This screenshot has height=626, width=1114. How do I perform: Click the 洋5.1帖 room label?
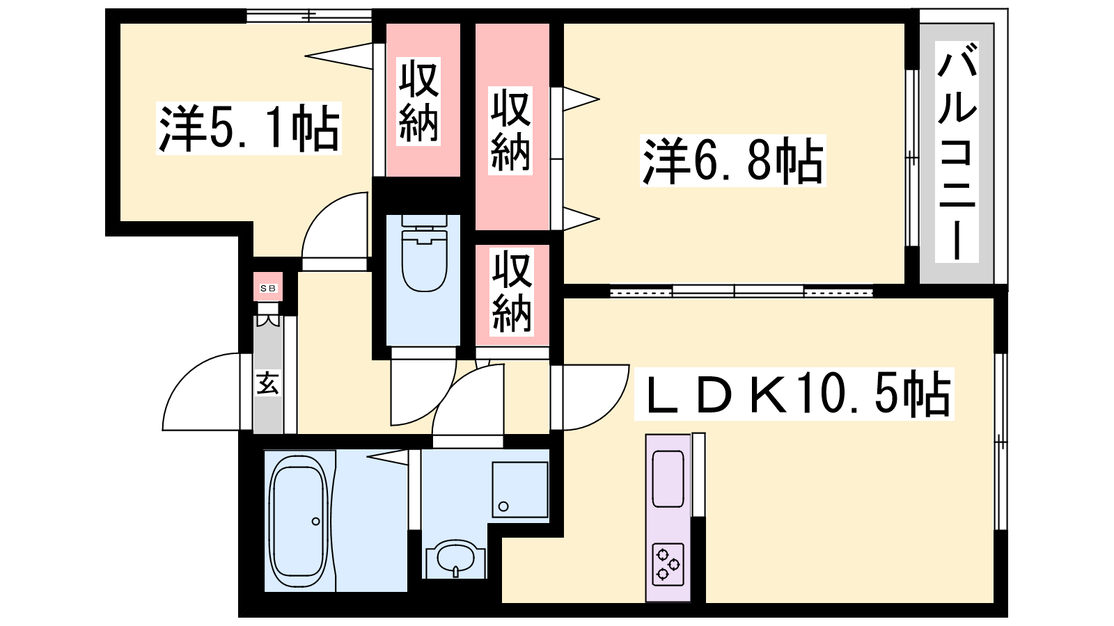click(249, 128)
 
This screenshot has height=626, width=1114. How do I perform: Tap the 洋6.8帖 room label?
click(732, 161)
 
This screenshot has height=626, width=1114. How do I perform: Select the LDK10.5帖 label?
click(794, 394)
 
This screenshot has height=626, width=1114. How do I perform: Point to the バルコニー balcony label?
click(957, 152)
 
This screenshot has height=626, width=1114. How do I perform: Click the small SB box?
click(268, 287)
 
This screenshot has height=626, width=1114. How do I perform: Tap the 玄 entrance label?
click(267, 383)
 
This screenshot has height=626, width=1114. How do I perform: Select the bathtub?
click(299, 521)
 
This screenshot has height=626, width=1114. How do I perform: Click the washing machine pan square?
click(520, 490)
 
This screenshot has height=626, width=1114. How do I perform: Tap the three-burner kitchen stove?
click(668, 565)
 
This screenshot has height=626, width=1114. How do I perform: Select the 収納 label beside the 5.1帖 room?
click(418, 102)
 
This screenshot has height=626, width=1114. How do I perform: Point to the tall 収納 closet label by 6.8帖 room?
click(510, 131)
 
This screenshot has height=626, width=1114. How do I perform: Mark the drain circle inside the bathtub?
click(316, 521)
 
